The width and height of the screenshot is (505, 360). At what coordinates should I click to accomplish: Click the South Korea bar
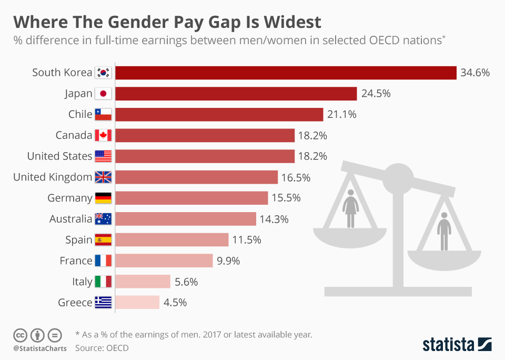pyautogui.click(x=286, y=73)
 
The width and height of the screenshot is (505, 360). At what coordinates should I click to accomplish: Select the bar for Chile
pyautogui.click(x=219, y=114)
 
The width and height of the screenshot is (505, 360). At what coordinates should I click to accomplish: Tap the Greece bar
pyautogui.click(x=137, y=302)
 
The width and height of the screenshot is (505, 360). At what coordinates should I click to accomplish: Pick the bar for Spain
pyautogui.click(x=172, y=240)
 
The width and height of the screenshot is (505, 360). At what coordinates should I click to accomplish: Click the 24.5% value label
pyautogui.click(x=376, y=94)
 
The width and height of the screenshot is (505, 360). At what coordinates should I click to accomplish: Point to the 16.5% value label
pyautogui.click(x=296, y=177)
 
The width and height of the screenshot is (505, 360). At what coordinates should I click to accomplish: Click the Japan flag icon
pyautogui.click(x=103, y=94)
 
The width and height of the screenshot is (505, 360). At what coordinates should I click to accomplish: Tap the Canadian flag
pyautogui.click(x=103, y=135)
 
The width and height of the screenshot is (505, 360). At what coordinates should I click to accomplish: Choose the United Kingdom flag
pyautogui.click(x=103, y=177)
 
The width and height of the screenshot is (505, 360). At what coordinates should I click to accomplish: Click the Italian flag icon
pyautogui.click(x=103, y=282)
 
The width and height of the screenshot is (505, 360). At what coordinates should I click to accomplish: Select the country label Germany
pyautogui.click(x=70, y=198)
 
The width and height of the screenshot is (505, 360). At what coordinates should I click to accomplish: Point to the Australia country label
pyautogui.click(x=70, y=219)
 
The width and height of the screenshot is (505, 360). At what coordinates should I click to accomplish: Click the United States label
pyautogui.click(x=59, y=156)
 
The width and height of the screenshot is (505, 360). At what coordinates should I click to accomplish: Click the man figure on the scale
pyautogui.click(x=445, y=231)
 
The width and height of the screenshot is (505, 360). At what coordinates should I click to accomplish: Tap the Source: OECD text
pyautogui.click(x=102, y=347)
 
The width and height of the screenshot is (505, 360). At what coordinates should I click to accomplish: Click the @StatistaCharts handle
pyautogui.click(x=39, y=348)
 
